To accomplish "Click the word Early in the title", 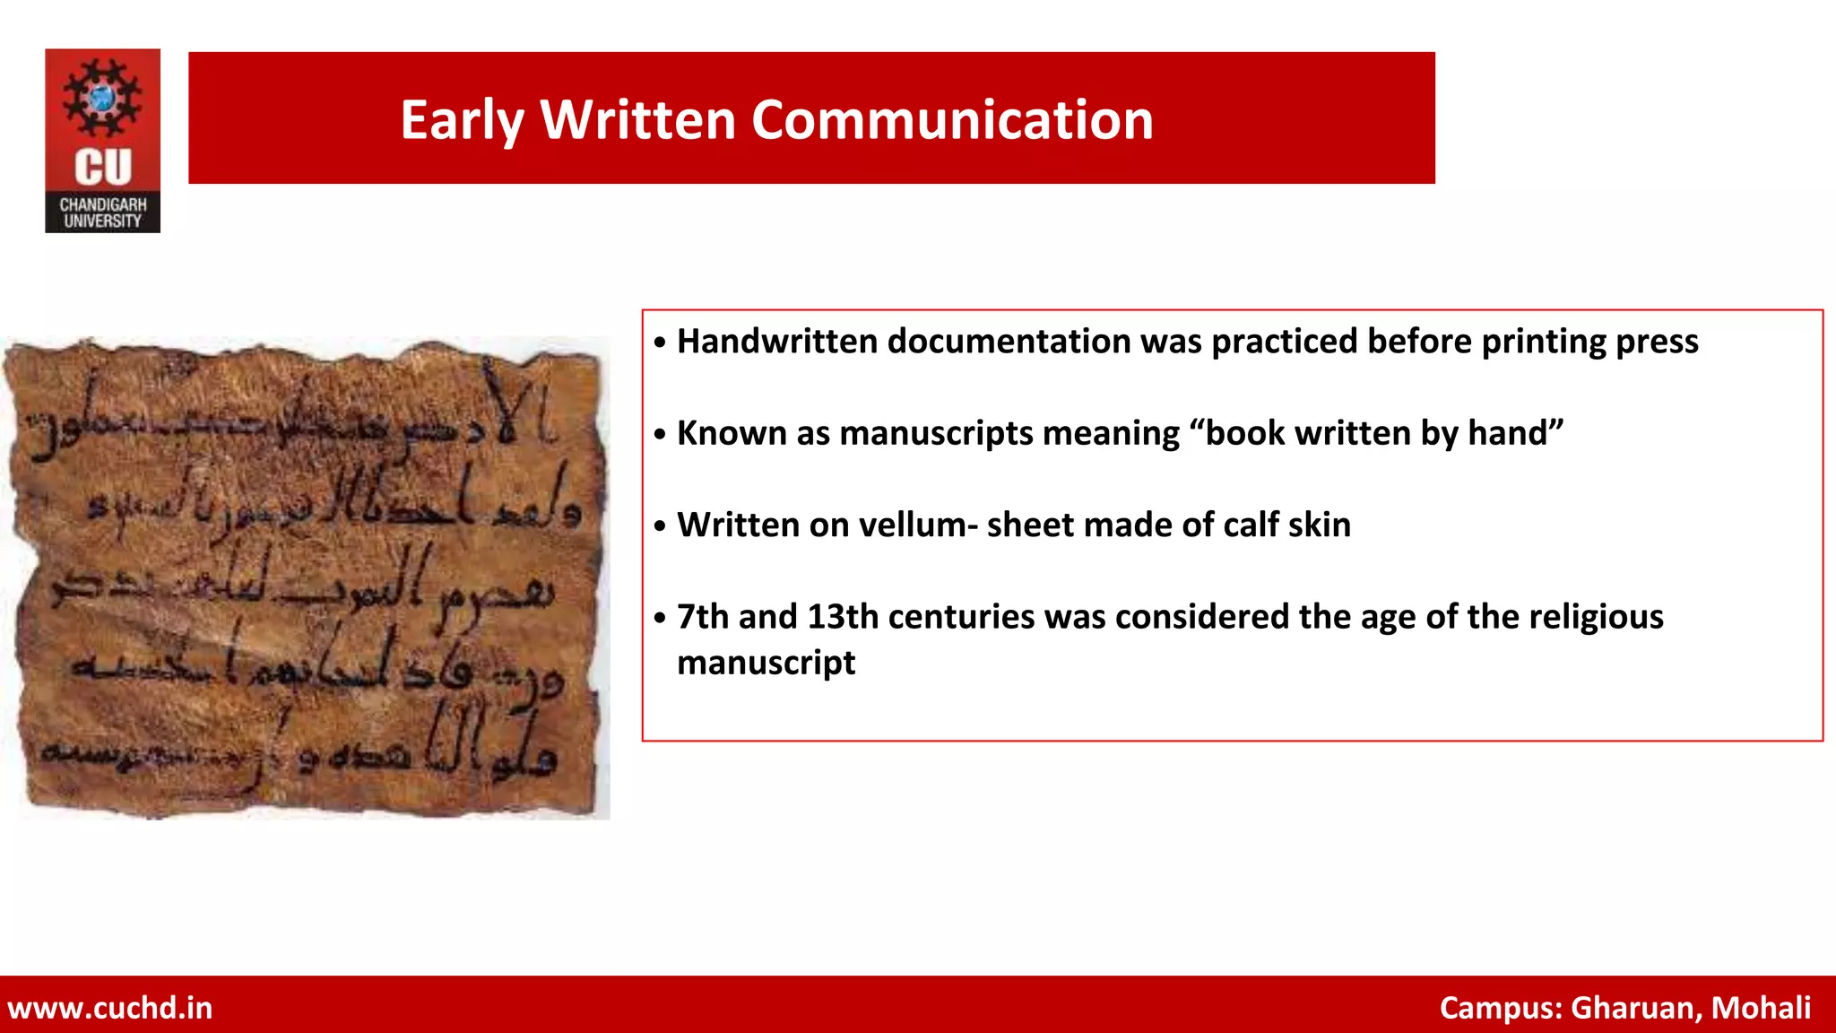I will click(x=461, y=120).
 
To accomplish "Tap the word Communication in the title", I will click(x=952, y=120).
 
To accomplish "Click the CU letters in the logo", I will click(x=103, y=168).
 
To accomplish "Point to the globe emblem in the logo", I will click(x=102, y=98).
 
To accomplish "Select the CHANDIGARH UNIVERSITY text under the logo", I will click(x=103, y=213).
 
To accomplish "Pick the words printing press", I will click(x=1589, y=342).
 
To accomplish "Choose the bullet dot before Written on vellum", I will click(x=660, y=526).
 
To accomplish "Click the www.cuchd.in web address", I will click(x=110, y=1008).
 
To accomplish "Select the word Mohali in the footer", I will click(x=1761, y=1008).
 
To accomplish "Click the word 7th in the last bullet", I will click(x=702, y=617).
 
